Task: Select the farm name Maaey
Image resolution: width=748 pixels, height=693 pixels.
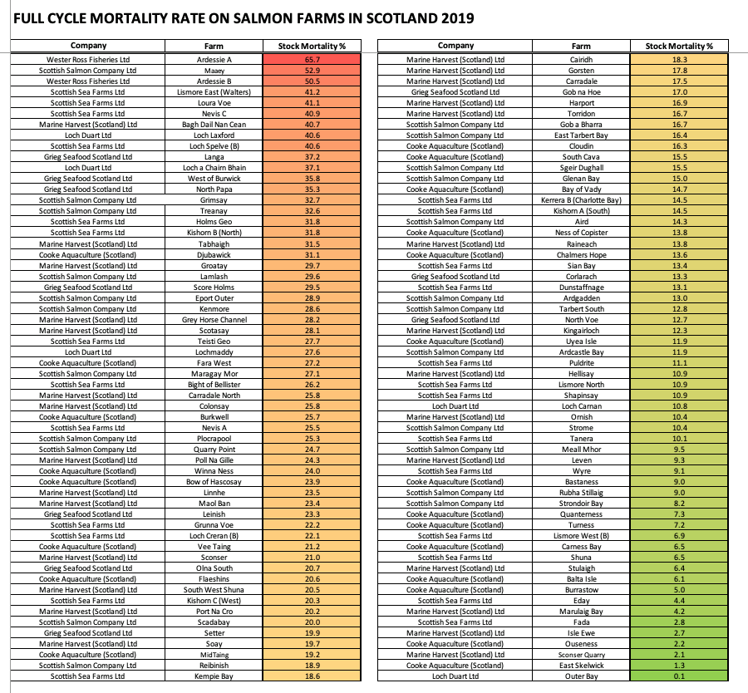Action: click(214, 71)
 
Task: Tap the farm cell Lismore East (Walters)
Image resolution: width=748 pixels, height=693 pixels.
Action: click(214, 92)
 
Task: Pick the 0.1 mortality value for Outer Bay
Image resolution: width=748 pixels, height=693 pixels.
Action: click(679, 676)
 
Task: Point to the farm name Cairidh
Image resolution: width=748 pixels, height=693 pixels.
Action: click(581, 60)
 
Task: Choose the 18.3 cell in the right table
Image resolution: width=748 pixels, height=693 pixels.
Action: click(679, 60)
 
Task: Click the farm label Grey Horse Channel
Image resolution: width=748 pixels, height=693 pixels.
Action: click(214, 320)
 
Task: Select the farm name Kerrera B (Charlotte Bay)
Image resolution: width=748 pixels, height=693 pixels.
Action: click(581, 200)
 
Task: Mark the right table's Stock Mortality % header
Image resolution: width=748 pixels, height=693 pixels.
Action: click(679, 46)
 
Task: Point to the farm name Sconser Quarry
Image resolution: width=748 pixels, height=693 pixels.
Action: click(581, 655)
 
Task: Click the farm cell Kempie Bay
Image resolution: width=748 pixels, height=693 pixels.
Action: click(214, 676)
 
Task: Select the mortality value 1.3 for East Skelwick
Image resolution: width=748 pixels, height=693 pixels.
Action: click(679, 666)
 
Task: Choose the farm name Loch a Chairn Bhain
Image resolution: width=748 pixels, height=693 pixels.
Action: click(214, 168)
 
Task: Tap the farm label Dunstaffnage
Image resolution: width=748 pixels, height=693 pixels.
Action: click(581, 288)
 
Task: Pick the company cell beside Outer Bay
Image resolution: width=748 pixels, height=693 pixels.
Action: click(455, 676)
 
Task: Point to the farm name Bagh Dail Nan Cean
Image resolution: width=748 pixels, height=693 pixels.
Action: click(214, 125)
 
